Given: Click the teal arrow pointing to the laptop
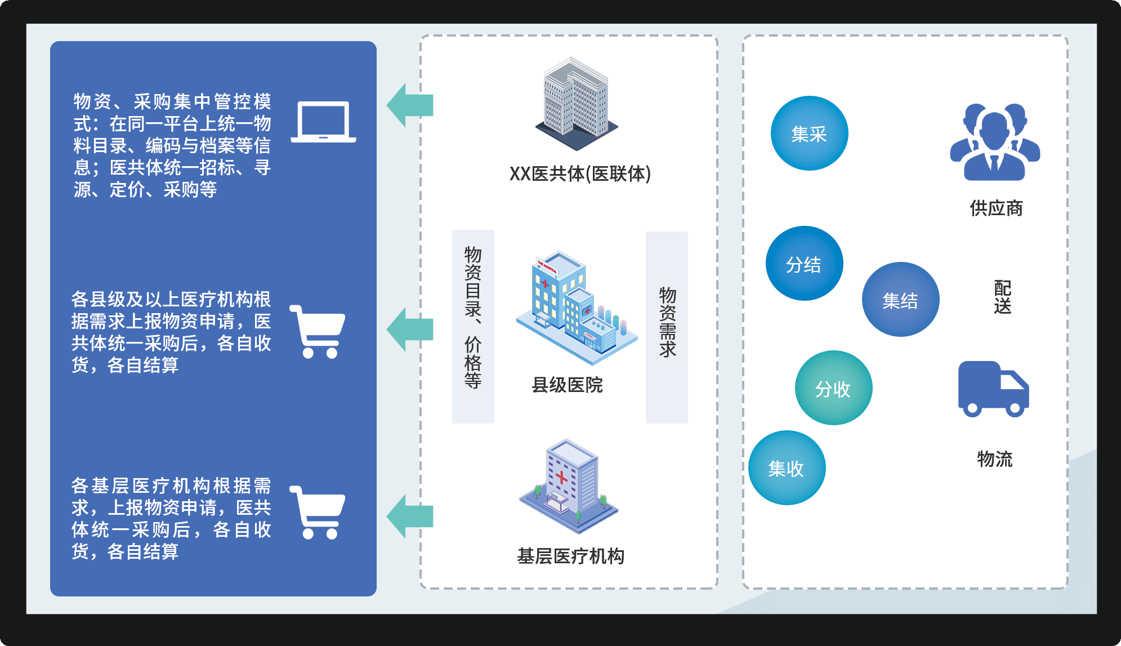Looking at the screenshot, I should (409, 105).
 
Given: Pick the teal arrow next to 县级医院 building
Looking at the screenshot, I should (409, 329).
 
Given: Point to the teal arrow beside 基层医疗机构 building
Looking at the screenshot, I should (409, 516).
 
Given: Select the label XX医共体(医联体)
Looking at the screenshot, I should (580, 174).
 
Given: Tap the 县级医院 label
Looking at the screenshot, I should (567, 385).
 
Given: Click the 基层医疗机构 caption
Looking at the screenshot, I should (570, 556).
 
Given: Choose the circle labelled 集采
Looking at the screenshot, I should (809, 133).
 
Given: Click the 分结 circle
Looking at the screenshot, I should (804, 264).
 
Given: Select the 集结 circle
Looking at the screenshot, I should (900, 300).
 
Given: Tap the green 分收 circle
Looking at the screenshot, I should (833, 388).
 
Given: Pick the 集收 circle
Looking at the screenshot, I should (787, 468).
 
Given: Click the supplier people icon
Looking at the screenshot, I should (995, 142).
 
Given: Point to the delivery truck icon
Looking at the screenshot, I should (993, 389).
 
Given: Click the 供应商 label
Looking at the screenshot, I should (996, 208).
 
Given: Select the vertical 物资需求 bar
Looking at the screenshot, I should (667, 327).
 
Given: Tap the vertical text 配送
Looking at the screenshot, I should (1002, 297).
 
